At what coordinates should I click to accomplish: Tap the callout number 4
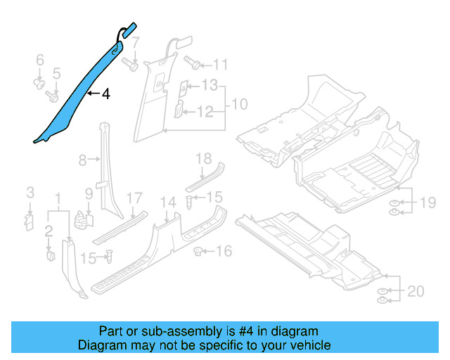click(x=105, y=93)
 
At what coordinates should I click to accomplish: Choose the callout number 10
click(x=239, y=105)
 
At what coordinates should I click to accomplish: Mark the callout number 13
click(x=210, y=86)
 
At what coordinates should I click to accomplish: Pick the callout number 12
click(x=205, y=111)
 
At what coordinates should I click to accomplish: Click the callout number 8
click(x=82, y=161)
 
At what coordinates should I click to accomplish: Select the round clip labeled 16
click(x=199, y=250)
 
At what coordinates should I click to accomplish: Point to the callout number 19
click(x=428, y=204)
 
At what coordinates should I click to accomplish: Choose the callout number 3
click(x=30, y=193)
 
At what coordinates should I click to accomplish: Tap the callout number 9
click(x=89, y=193)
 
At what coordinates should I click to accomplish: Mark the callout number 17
click(x=134, y=199)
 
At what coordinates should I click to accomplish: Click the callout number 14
click(x=167, y=202)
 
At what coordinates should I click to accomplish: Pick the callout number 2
click(x=49, y=231)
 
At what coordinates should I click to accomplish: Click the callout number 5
click(x=58, y=72)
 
